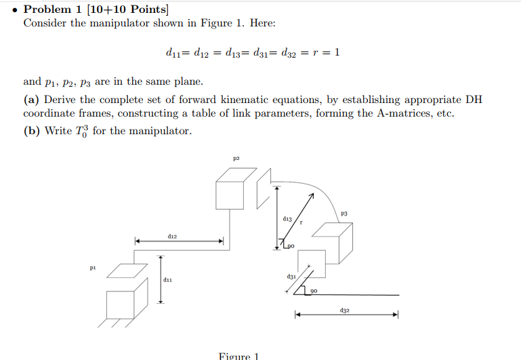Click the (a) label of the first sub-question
coord(31,100)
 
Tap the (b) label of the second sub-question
coord(31,130)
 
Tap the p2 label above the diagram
coord(236,159)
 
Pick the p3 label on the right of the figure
coord(344,214)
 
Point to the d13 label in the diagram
coord(288,219)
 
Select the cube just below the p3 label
coord(336,243)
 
